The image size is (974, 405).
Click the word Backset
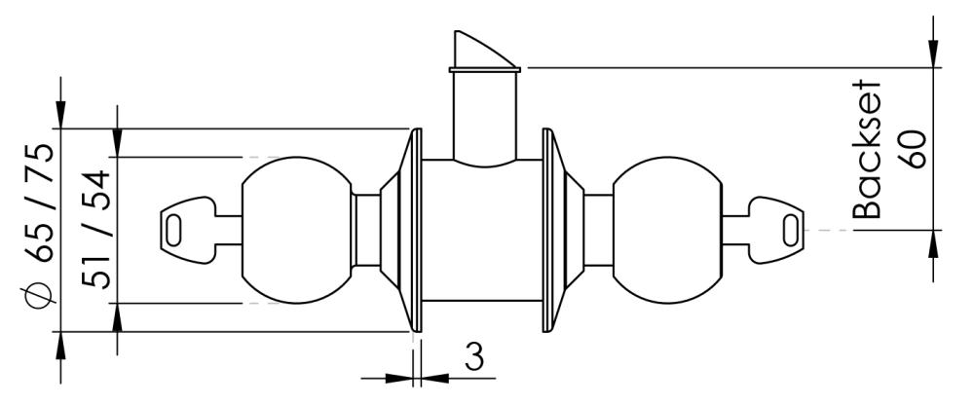(867, 149)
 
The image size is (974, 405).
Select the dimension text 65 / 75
(41, 205)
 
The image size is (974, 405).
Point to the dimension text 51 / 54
(96, 230)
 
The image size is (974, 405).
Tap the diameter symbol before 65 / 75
(38, 292)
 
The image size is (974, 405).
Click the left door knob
(296, 230)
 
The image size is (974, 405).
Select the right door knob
(668, 230)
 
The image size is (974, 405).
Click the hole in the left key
(174, 231)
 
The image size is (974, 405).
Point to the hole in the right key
(790, 231)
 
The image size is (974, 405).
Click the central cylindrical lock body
(482, 230)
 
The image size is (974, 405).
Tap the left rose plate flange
(411, 230)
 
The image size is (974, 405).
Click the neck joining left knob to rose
(366, 230)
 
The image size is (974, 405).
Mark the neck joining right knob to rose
(598, 230)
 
